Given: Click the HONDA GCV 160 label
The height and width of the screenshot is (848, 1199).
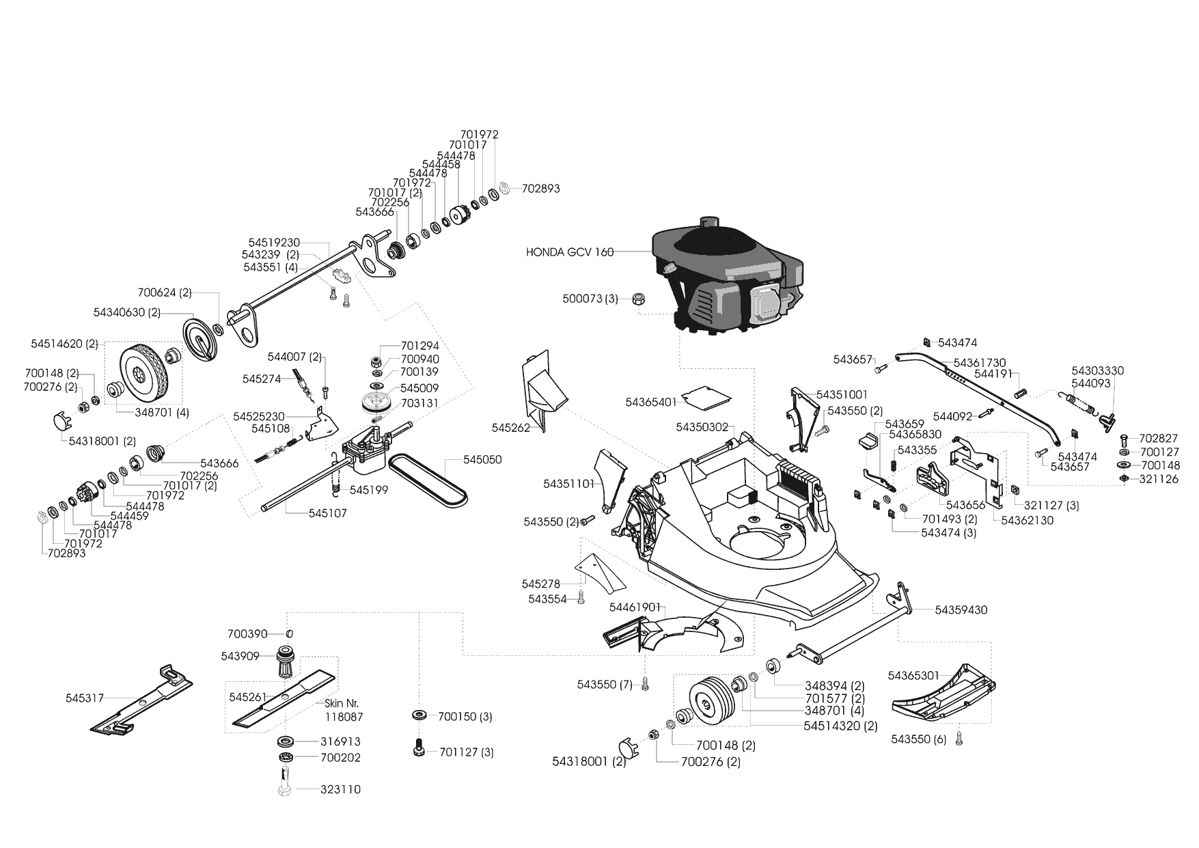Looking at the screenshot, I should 569,252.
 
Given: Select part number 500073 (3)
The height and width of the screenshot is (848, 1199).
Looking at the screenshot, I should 590,299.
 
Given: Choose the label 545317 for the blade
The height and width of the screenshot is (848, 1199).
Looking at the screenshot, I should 85,698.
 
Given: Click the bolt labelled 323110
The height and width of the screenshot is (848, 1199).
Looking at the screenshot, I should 340,789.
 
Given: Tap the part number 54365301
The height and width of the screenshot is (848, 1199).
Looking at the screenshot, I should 914,676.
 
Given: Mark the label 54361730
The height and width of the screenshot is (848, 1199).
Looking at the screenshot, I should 979,362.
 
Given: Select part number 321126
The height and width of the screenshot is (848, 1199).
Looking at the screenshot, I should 1159,479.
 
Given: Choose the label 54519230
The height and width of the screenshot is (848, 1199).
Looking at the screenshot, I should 274,243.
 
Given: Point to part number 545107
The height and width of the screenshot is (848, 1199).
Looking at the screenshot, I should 327,513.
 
